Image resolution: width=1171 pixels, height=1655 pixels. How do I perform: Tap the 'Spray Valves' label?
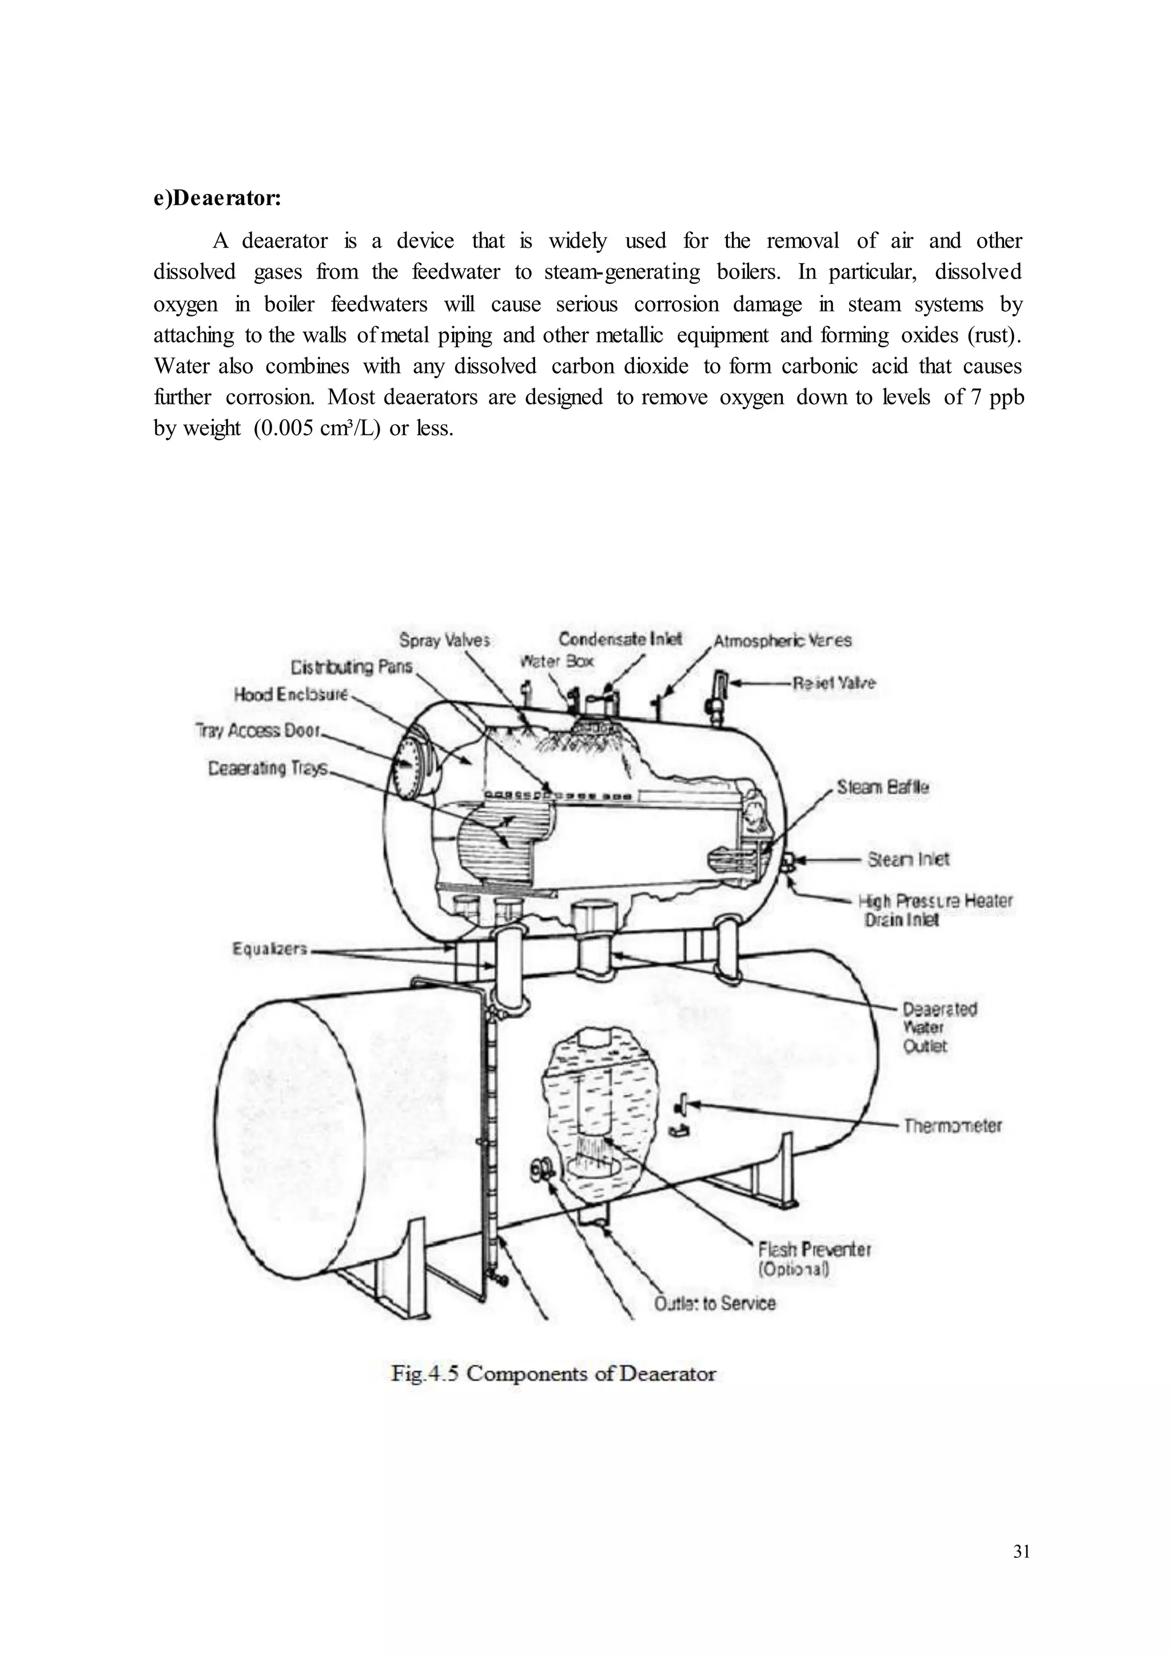444,640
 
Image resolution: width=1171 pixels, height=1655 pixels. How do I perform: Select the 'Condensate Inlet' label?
620,639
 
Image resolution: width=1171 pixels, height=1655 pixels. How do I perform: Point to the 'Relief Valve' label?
834,683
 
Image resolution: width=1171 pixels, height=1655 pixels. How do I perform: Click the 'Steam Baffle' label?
883,787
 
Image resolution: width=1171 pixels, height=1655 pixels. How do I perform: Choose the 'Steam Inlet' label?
908,859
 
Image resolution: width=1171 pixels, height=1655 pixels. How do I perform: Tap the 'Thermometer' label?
953,1125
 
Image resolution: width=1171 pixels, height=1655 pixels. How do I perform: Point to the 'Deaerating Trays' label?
268,768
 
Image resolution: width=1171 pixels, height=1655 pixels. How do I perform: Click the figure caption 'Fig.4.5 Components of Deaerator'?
553,1373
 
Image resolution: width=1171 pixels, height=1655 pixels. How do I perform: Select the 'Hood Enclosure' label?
290,694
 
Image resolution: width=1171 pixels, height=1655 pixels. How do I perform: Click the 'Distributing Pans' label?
351,666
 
